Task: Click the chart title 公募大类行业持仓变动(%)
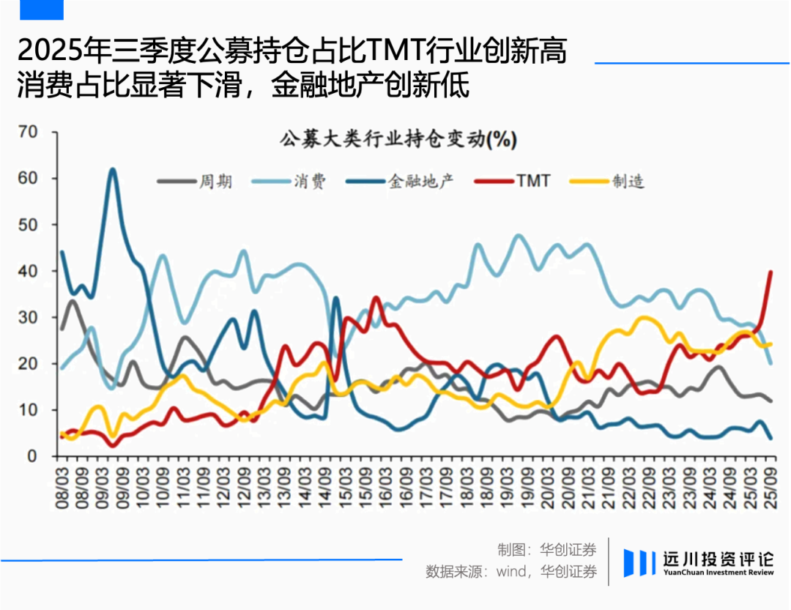click(x=398, y=139)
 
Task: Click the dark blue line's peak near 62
click(x=112, y=170)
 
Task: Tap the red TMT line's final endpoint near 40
click(x=770, y=272)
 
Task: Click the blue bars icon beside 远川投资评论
click(x=639, y=562)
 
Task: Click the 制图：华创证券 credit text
click(x=546, y=548)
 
